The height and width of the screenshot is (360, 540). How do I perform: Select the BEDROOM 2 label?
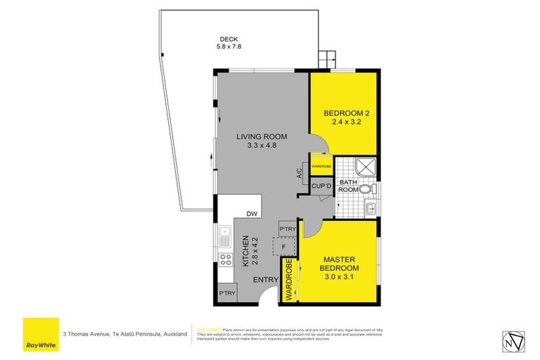pos(346,113)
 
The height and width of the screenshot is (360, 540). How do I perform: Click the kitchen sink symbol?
pos(225,236)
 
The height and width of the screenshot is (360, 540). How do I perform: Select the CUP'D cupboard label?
pos(321,186)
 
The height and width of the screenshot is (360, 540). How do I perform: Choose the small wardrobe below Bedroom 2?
pos(321,166)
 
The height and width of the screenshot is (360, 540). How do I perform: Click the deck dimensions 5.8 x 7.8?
pos(229,48)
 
